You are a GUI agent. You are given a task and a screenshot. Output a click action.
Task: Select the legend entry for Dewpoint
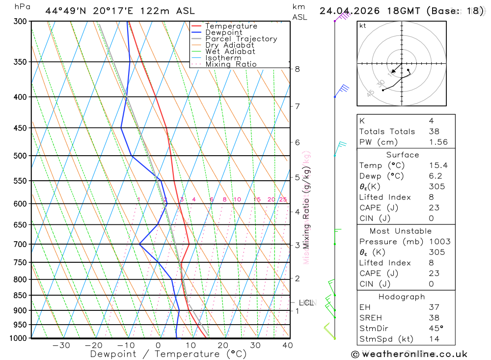[x=223, y=32]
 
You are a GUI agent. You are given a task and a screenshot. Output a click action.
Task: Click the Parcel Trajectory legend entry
[x=241, y=39]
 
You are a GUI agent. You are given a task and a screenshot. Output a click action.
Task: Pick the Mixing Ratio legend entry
[x=231, y=64]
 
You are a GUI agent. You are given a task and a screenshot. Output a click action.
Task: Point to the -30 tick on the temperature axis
[x=61, y=345]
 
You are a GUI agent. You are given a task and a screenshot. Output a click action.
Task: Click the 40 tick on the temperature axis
[x=288, y=345]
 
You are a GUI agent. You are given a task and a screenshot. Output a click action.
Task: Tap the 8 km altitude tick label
[x=297, y=69]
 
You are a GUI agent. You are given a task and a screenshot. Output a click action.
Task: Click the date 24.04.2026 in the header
[x=347, y=11]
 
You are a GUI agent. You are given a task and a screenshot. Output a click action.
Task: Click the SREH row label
[x=371, y=318]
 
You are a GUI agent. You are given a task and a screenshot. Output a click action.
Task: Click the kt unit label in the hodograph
[x=363, y=26]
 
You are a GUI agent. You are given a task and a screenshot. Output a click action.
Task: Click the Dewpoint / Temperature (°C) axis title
[x=168, y=354]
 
